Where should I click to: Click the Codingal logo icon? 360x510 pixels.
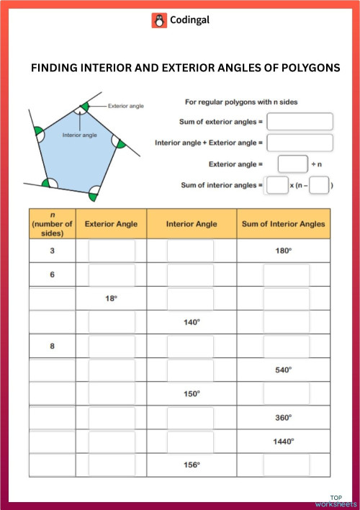tap(159, 21)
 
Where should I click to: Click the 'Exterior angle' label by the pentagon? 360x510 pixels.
tap(126, 106)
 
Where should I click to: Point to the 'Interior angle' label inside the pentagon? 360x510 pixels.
tap(79, 135)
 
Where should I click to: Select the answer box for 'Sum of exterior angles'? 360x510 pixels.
tap(300, 121)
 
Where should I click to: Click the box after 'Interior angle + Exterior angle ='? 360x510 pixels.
tap(300, 143)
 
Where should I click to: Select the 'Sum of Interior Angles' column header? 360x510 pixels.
tap(283, 224)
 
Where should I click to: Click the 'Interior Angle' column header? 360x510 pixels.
tap(192, 224)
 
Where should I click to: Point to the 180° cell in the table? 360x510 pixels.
tap(283, 251)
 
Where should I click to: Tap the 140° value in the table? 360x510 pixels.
tap(192, 322)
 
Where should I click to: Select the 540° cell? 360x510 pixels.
tap(283, 370)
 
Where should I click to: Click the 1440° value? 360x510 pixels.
tap(283, 441)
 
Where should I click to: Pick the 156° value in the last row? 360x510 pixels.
tap(192, 465)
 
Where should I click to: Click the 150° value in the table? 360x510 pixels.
tap(192, 393)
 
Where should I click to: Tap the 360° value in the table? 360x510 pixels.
tap(283, 417)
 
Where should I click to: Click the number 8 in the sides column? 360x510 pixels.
tap(52, 346)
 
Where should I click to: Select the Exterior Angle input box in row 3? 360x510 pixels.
tap(112, 251)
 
